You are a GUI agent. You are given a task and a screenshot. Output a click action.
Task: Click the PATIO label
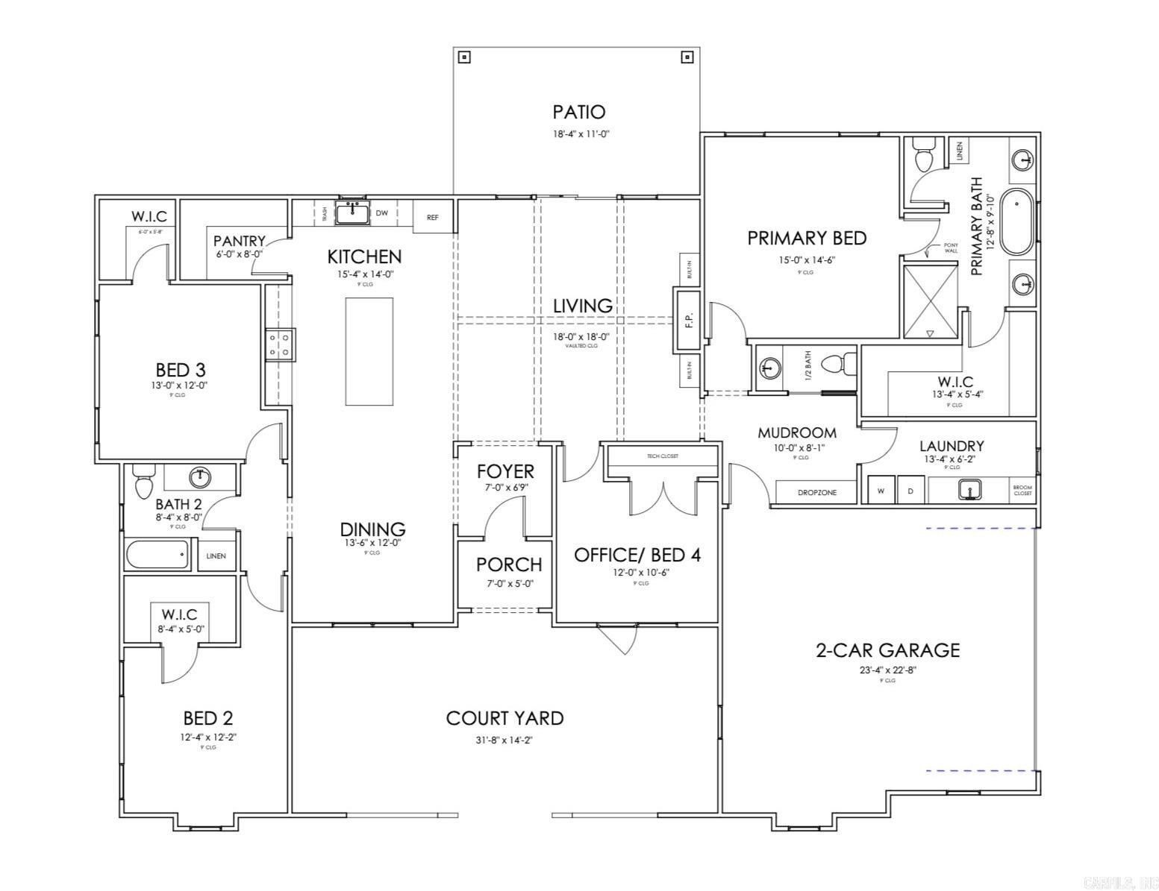(578, 112)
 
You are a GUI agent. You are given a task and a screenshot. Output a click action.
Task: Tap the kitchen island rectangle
(369, 351)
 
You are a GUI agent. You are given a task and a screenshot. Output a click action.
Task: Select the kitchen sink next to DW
(352, 213)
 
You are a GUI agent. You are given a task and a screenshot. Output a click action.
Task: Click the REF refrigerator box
(433, 217)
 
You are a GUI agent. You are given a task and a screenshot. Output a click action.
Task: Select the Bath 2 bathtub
(157, 555)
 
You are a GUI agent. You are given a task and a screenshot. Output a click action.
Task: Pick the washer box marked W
(881, 491)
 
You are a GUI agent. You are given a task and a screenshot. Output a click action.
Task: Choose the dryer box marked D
(910, 491)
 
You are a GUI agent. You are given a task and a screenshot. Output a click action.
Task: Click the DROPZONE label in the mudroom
(816, 493)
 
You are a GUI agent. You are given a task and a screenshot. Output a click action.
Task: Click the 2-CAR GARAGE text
(887, 650)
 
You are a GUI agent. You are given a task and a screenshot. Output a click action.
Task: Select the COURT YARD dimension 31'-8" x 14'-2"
(504, 740)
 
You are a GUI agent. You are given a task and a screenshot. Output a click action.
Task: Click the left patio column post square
(464, 57)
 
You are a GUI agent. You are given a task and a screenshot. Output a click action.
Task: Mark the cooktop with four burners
(280, 344)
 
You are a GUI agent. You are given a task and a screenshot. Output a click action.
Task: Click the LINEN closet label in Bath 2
(216, 556)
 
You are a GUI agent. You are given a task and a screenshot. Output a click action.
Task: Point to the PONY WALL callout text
(950, 248)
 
